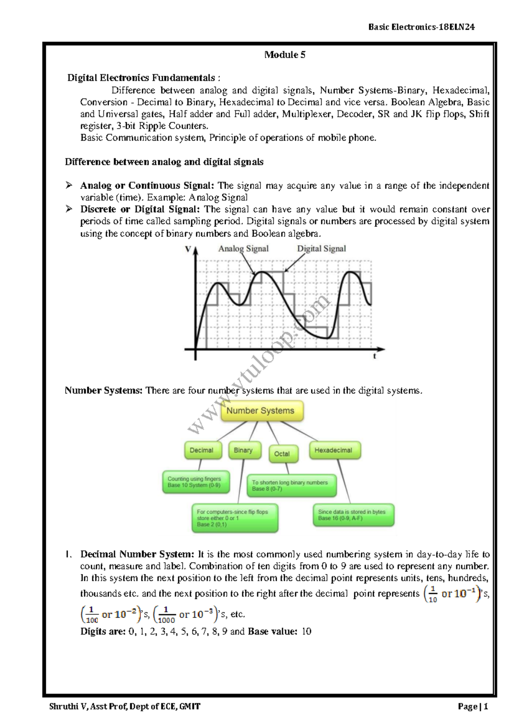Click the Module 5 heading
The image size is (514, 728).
(284, 55)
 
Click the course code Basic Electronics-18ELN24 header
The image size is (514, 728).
(421, 27)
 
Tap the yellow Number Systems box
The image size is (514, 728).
(262, 411)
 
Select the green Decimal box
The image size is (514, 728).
(203, 450)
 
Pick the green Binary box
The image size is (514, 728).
(244, 450)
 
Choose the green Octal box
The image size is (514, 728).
(283, 454)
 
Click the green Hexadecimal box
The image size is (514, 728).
(334, 450)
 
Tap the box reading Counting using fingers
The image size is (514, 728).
(195, 482)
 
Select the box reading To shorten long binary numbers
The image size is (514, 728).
(291, 485)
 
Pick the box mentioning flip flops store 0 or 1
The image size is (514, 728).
(234, 518)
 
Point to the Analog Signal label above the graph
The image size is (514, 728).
(243, 249)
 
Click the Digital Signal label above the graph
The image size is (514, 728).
(321, 249)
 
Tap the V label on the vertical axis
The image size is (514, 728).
(188, 249)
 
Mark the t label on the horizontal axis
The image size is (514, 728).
(375, 356)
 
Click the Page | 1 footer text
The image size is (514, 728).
(472, 707)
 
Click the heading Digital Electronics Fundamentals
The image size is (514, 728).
(141, 78)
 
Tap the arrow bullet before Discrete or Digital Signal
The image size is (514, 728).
(69, 209)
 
